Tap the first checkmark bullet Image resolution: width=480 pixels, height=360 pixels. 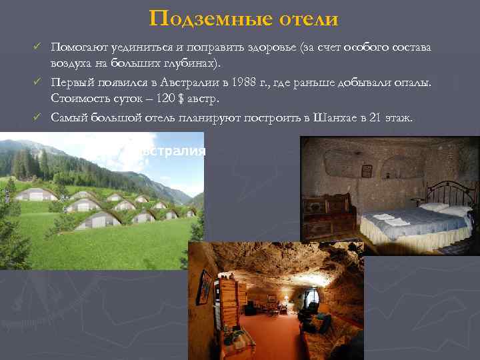tap(39, 48)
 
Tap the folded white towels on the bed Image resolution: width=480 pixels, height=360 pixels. tap(387, 219)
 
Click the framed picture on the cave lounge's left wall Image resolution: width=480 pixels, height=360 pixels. tap(205, 287)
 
